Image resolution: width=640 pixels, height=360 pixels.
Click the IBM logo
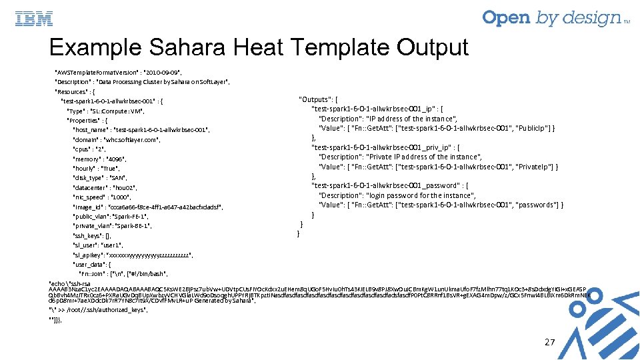pos(33,19)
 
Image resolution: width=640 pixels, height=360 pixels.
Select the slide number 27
pos(549,342)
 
